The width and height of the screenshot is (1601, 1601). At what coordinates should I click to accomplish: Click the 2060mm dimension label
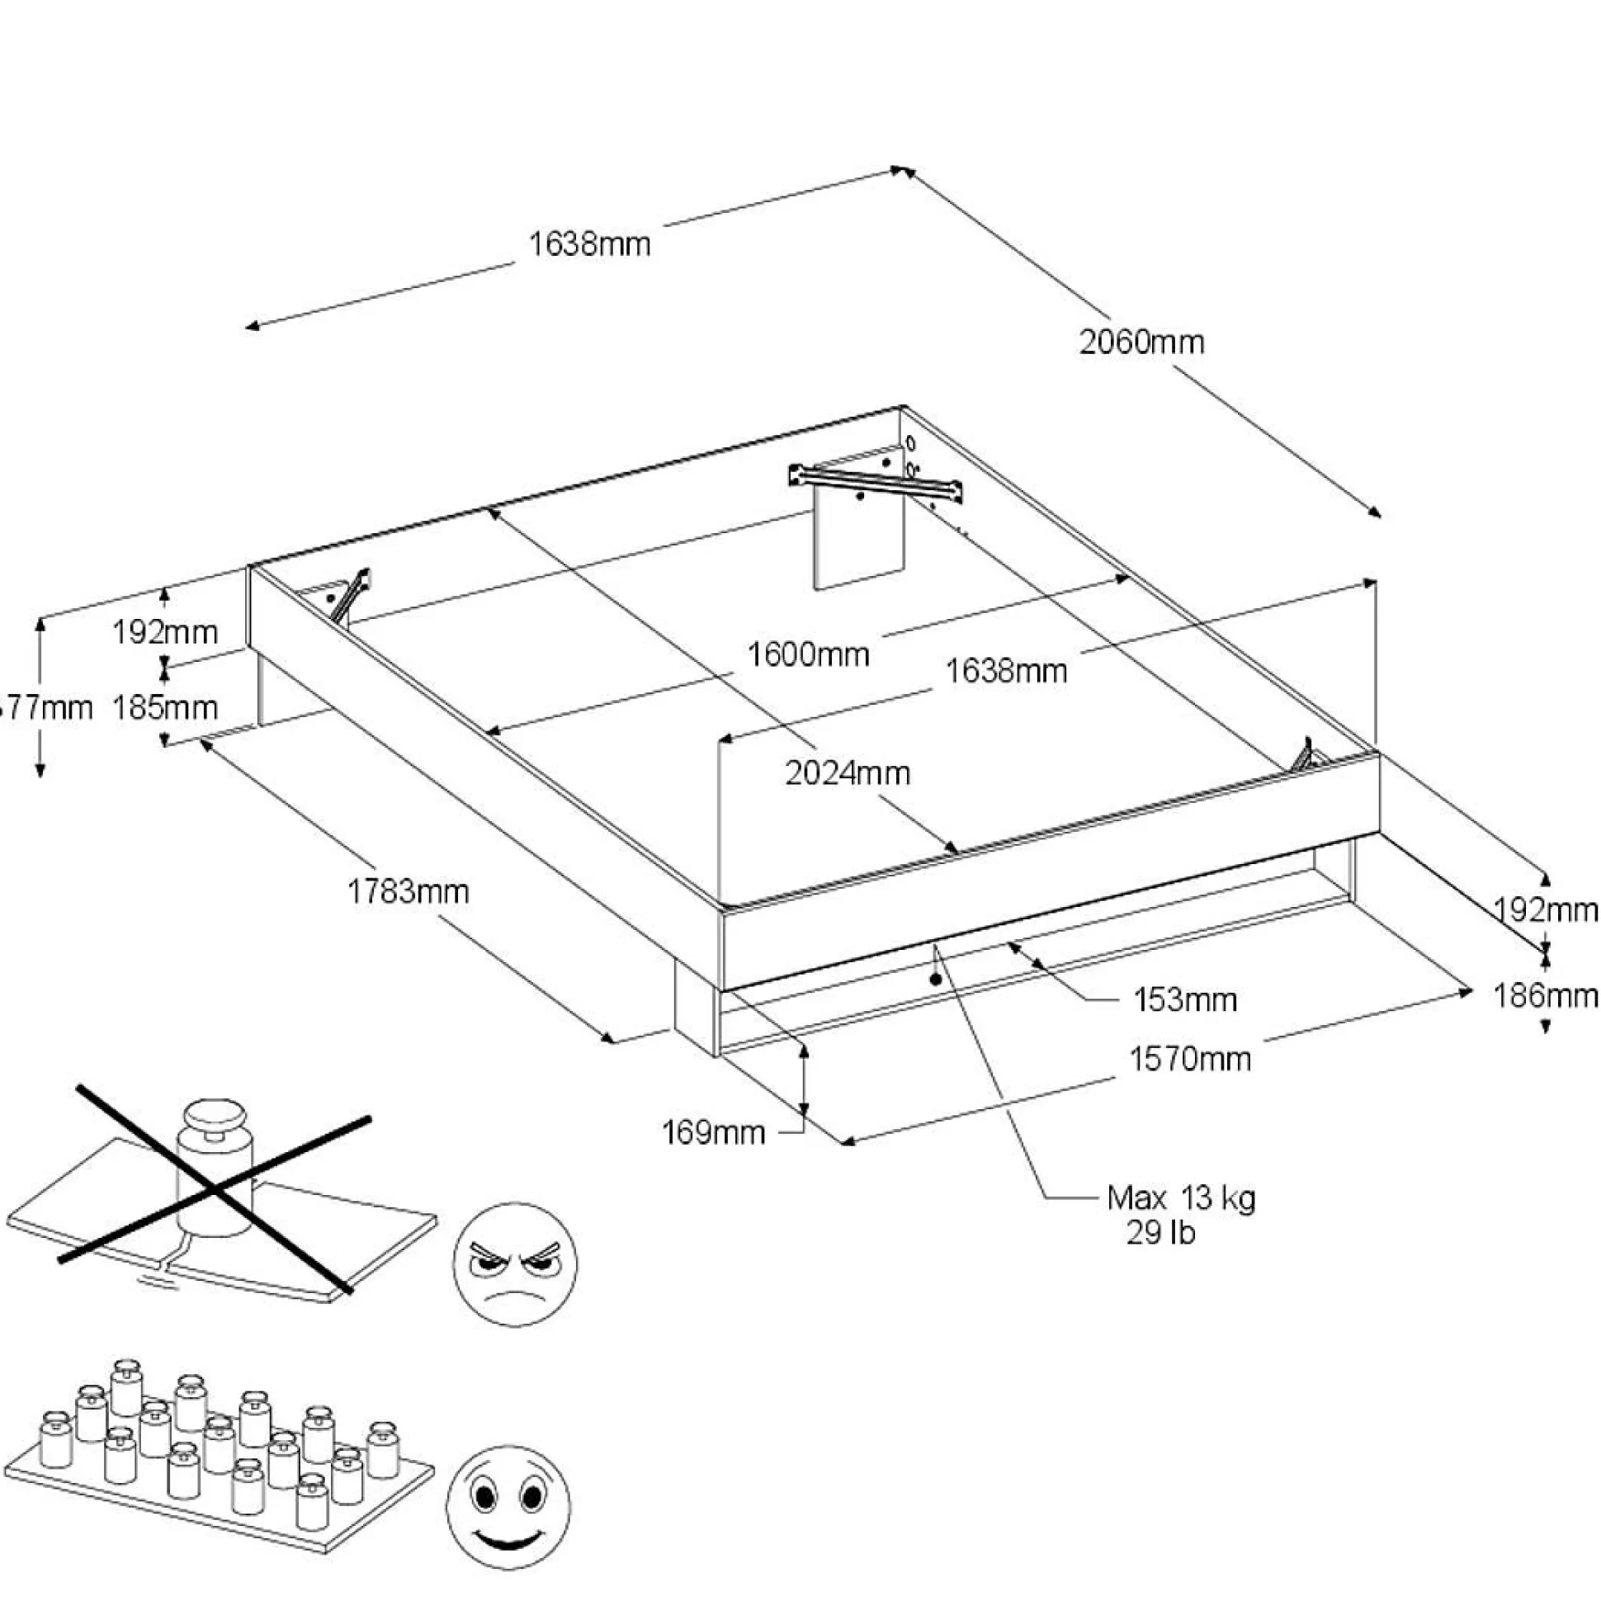pyautogui.click(x=1141, y=342)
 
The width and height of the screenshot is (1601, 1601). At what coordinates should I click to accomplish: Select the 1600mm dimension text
pyautogui.click(x=808, y=654)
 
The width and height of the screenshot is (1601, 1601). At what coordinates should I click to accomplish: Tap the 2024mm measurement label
pyautogui.click(x=848, y=773)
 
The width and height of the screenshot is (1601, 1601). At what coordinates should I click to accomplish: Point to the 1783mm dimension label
pyautogui.click(x=408, y=891)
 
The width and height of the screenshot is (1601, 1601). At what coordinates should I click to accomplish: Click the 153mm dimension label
pyautogui.click(x=1185, y=1000)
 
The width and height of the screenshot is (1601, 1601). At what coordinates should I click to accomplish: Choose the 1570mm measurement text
pyautogui.click(x=1190, y=1059)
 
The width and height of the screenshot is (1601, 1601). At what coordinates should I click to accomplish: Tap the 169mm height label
pyautogui.click(x=714, y=1132)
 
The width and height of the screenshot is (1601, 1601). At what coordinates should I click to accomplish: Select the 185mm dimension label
pyautogui.click(x=165, y=708)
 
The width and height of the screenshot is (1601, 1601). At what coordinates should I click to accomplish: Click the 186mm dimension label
pyautogui.click(x=1545, y=995)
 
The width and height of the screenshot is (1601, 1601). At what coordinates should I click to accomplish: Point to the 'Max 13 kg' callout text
pyautogui.click(x=1181, y=1198)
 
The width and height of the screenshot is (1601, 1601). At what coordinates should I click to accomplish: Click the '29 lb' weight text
pyautogui.click(x=1160, y=1234)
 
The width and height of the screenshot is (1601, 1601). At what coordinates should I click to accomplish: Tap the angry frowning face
pyautogui.click(x=515, y=1264)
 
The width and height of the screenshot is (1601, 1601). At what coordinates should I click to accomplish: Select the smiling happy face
pyautogui.click(x=509, y=1508)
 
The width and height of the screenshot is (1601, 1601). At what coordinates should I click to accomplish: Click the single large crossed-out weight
pyautogui.click(x=214, y=1170)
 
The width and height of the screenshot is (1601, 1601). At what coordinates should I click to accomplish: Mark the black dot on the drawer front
pyautogui.click(x=936, y=980)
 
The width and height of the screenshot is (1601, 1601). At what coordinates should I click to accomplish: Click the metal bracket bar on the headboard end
pyautogui.click(x=876, y=483)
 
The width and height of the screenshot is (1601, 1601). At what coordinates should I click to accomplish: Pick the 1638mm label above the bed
pyautogui.click(x=589, y=244)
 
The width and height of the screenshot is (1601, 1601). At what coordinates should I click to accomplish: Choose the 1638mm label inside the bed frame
pyautogui.click(x=1006, y=671)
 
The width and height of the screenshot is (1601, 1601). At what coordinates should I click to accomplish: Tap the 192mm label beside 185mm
pyautogui.click(x=165, y=633)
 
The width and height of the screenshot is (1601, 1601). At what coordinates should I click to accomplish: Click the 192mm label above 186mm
pyautogui.click(x=1545, y=911)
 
